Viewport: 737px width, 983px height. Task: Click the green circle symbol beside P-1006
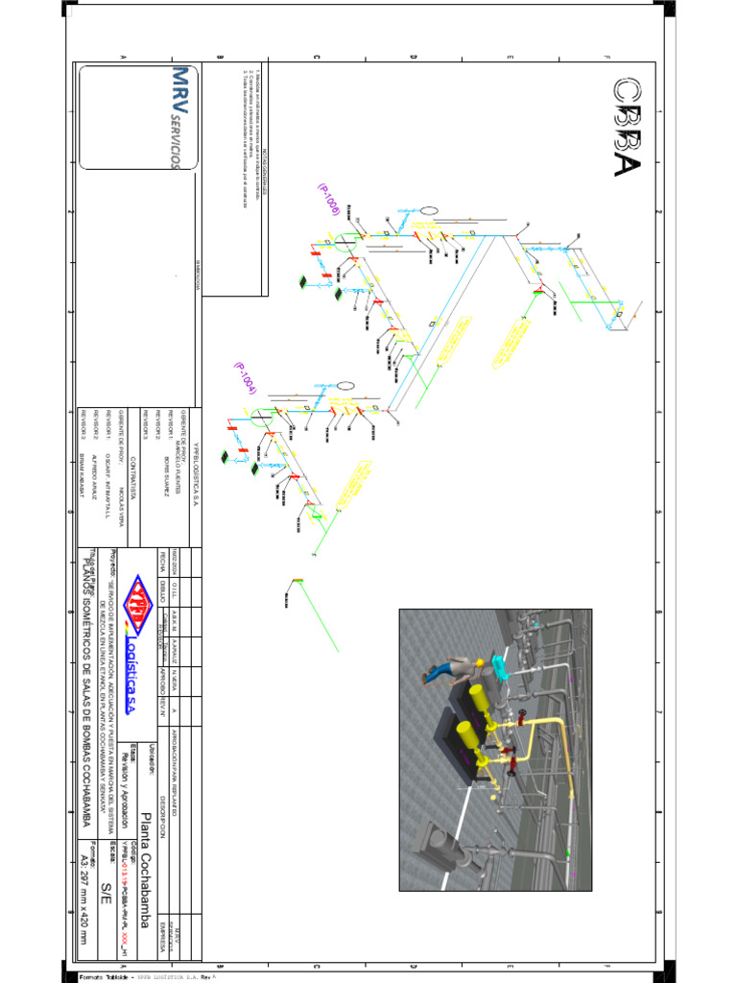point(345,241)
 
